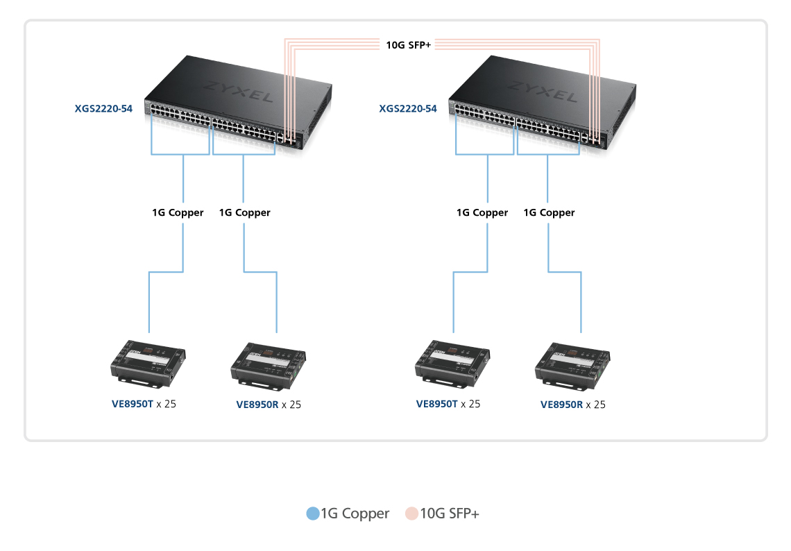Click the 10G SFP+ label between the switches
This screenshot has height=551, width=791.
pos(409,46)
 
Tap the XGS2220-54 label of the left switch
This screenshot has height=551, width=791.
pos(103,108)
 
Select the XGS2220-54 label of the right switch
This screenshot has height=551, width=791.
pos(408,108)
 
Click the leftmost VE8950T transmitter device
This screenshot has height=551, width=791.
pos(148,362)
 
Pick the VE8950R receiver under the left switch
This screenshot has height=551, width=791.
pos(267,363)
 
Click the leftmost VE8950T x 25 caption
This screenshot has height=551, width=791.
pos(144,403)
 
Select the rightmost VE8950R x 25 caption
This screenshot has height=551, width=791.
pos(572,405)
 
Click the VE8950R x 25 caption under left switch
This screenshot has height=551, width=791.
pos(269,405)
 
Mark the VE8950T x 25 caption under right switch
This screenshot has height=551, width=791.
pos(448,403)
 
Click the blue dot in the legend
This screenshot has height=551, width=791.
pos(312,514)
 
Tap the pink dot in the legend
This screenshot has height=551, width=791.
pos(412,514)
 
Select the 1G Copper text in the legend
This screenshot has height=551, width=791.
pos(355,514)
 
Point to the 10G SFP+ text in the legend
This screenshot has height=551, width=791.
pos(450,514)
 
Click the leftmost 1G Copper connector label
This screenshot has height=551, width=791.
pos(178,212)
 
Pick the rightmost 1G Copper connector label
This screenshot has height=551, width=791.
pos(549,212)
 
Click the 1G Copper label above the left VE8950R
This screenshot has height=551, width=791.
pos(244,212)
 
